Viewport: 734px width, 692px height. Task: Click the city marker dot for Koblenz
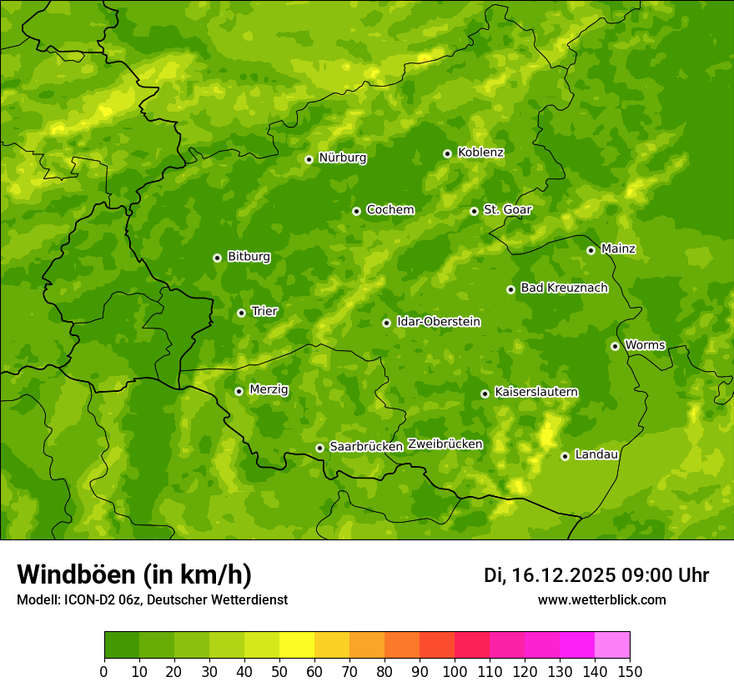pyautogui.click(x=447, y=153)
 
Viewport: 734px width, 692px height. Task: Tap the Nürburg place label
pyautogui.click(x=342, y=158)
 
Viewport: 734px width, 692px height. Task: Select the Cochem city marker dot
pyautogui.click(x=356, y=211)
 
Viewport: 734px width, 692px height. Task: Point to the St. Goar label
pyautogui.click(x=507, y=210)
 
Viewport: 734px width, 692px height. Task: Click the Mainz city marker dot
pyautogui.click(x=591, y=250)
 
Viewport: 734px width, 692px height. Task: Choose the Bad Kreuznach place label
pyautogui.click(x=564, y=288)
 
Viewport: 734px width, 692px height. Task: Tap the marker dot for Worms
pyautogui.click(x=615, y=346)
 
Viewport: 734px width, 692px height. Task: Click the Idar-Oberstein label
pyautogui.click(x=439, y=322)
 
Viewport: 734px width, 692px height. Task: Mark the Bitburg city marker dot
pyautogui.click(x=217, y=258)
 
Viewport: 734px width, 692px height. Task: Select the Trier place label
pyautogui.click(x=264, y=311)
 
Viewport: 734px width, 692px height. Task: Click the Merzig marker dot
pyautogui.click(x=239, y=391)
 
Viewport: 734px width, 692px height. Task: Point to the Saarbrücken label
pyautogui.click(x=366, y=447)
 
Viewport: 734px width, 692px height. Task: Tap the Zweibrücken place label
pyautogui.click(x=445, y=444)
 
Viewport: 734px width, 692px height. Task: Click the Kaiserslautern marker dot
pyautogui.click(x=485, y=394)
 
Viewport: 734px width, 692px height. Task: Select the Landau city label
pyautogui.click(x=596, y=454)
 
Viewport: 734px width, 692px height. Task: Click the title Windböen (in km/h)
pyautogui.click(x=134, y=574)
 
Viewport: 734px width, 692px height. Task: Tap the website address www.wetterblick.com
pyautogui.click(x=601, y=599)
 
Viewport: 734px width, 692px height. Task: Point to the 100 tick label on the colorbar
pyautogui.click(x=455, y=671)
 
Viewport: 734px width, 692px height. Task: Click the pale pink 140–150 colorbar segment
pyautogui.click(x=612, y=644)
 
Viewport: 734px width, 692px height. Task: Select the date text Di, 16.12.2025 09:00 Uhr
pyautogui.click(x=596, y=575)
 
